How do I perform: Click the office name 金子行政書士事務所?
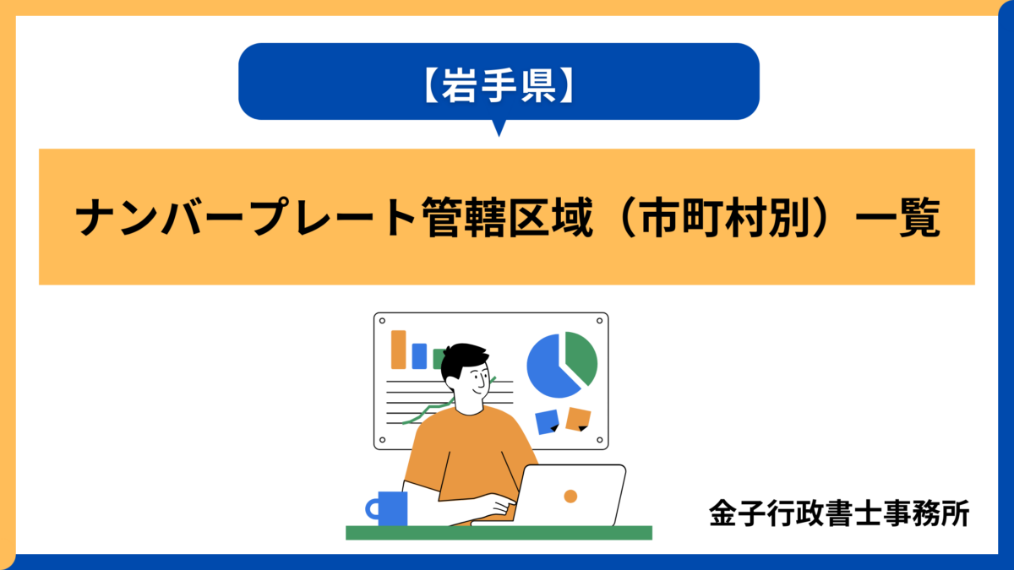point(839,513)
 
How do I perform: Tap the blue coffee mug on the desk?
point(392,508)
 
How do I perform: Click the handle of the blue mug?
point(372,508)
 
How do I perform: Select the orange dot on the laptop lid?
point(570,496)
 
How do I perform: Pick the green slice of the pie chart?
point(581,356)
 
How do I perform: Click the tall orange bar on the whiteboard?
point(398,349)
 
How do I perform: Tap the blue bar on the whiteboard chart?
point(419,356)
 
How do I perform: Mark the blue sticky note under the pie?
point(547,421)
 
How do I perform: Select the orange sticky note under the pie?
point(579,418)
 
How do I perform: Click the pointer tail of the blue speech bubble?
point(499,128)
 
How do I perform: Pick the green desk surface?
point(499,532)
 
